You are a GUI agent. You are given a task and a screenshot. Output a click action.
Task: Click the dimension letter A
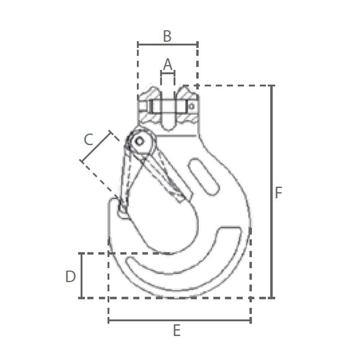[x=167, y=64]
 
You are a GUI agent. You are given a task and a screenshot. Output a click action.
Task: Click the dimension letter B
[x=167, y=36]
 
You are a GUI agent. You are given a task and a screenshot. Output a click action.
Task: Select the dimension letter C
[x=89, y=139]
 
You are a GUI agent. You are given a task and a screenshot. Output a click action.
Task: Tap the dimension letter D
[x=71, y=276]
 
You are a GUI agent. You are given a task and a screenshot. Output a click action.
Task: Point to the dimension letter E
[x=176, y=331]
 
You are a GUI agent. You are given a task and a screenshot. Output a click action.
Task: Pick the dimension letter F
[x=278, y=193]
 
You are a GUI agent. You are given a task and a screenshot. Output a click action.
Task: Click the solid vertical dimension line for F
[x=272, y=192]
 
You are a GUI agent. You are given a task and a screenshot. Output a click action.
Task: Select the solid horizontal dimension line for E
[x=179, y=320]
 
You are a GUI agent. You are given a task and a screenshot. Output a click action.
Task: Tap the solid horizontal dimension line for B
[x=167, y=44]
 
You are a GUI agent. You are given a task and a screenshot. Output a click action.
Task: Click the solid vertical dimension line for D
[x=81, y=275]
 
